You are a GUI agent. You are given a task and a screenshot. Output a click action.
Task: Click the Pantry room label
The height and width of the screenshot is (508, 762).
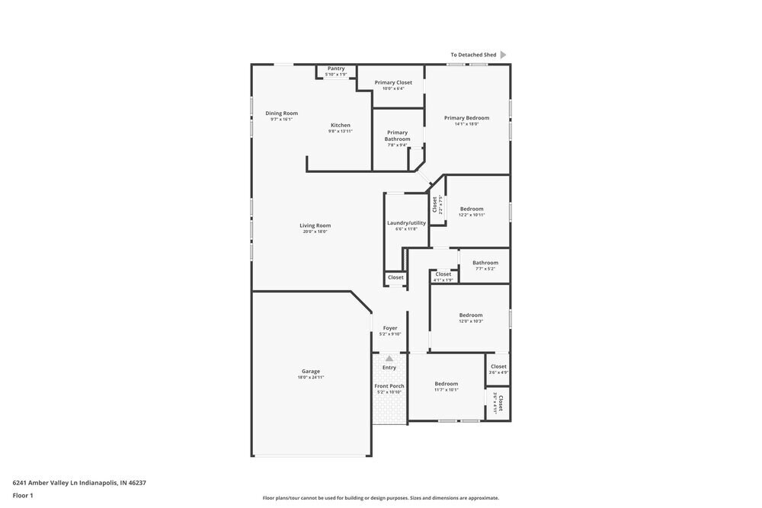click(336, 69)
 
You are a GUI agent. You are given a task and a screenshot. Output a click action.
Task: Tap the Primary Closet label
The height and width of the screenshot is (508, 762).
click(393, 82)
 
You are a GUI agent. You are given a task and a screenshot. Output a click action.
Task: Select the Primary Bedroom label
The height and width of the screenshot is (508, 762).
click(466, 118)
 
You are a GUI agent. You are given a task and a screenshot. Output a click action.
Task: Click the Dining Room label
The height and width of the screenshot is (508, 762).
click(281, 113)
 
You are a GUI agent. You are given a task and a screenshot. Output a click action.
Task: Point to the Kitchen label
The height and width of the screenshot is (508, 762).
click(340, 126)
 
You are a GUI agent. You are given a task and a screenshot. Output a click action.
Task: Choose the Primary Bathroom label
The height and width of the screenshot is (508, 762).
click(397, 136)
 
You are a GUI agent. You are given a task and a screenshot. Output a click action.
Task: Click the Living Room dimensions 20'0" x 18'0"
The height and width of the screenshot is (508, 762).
click(315, 232)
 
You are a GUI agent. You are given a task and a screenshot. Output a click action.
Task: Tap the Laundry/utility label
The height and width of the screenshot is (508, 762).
click(406, 223)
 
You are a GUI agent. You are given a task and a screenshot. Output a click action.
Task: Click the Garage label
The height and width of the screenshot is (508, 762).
click(310, 372)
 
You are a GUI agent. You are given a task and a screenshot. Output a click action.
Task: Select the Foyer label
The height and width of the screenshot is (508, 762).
click(389, 328)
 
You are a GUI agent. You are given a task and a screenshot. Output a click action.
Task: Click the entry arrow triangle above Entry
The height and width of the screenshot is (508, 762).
click(389, 358)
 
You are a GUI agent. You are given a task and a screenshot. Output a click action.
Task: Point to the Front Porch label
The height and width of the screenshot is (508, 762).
click(389, 386)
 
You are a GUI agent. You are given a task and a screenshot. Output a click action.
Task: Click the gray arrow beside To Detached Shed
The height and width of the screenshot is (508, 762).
click(503, 55)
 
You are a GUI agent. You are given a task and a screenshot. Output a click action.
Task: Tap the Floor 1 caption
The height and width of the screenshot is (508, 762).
click(23, 495)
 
